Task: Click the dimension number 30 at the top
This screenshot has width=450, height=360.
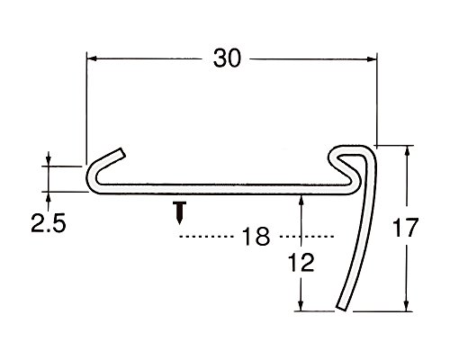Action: click(227, 58)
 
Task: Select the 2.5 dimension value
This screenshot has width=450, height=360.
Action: click(48, 224)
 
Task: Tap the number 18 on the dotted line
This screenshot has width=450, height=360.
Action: click(256, 237)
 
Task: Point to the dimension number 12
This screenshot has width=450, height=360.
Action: click(301, 262)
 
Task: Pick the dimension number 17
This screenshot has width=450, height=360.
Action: click(405, 228)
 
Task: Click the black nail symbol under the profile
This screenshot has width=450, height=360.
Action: click(179, 212)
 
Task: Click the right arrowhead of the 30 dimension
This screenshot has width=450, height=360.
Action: click(372, 59)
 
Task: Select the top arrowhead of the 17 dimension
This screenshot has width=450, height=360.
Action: click(407, 150)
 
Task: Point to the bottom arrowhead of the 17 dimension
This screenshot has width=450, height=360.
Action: click(407, 306)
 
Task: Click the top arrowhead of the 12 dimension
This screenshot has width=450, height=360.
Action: click(301, 200)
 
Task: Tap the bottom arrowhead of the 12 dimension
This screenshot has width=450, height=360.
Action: click(301, 306)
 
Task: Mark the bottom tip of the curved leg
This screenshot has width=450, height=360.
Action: click(341, 307)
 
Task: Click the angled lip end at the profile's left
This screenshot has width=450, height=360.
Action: click(121, 153)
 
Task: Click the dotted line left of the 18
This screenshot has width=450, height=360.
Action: click(206, 237)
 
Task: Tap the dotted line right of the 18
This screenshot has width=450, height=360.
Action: click(307, 237)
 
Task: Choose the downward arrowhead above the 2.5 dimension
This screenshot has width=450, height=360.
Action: click(48, 161)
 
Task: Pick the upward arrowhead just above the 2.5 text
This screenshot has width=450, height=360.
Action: click(48, 196)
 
